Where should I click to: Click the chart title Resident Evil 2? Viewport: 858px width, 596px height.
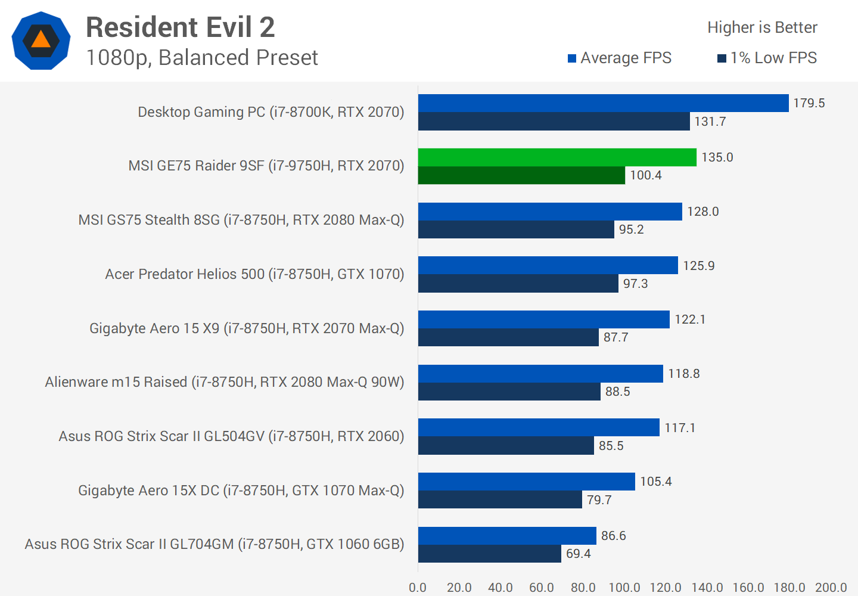[x=180, y=27]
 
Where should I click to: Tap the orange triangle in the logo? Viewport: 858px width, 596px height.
[x=41, y=40]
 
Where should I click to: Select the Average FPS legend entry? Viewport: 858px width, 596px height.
[x=620, y=58]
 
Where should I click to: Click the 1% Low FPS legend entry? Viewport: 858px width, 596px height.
[x=767, y=58]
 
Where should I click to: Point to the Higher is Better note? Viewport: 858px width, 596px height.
[x=762, y=27]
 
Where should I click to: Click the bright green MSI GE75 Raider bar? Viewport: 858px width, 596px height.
[x=557, y=157]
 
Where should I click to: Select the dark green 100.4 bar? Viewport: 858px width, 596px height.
[x=521, y=175]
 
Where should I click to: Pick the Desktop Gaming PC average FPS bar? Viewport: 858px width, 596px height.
[x=603, y=103]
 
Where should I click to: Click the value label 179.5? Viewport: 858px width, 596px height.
[x=809, y=103]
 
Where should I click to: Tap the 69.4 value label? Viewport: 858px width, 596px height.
[x=578, y=554]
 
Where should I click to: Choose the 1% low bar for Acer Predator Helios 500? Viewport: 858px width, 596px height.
[x=518, y=284]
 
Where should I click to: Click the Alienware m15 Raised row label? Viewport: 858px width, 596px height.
[x=225, y=382]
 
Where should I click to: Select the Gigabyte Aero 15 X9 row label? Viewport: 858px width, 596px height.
[x=247, y=328]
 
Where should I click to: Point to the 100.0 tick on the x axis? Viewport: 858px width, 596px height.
[x=624, y=588]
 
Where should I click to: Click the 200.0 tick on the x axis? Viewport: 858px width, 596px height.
[x=831, y=588]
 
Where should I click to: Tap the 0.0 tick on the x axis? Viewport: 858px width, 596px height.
[x=418, y=588]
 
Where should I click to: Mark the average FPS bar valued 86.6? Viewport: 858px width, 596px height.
[x=507, y=536]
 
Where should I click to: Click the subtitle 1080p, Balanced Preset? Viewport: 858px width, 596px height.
[x=202, y=58]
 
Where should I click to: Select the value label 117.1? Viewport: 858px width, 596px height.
[x=680, y=428]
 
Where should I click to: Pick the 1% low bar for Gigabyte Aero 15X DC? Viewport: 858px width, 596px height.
[x=500, y=500]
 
